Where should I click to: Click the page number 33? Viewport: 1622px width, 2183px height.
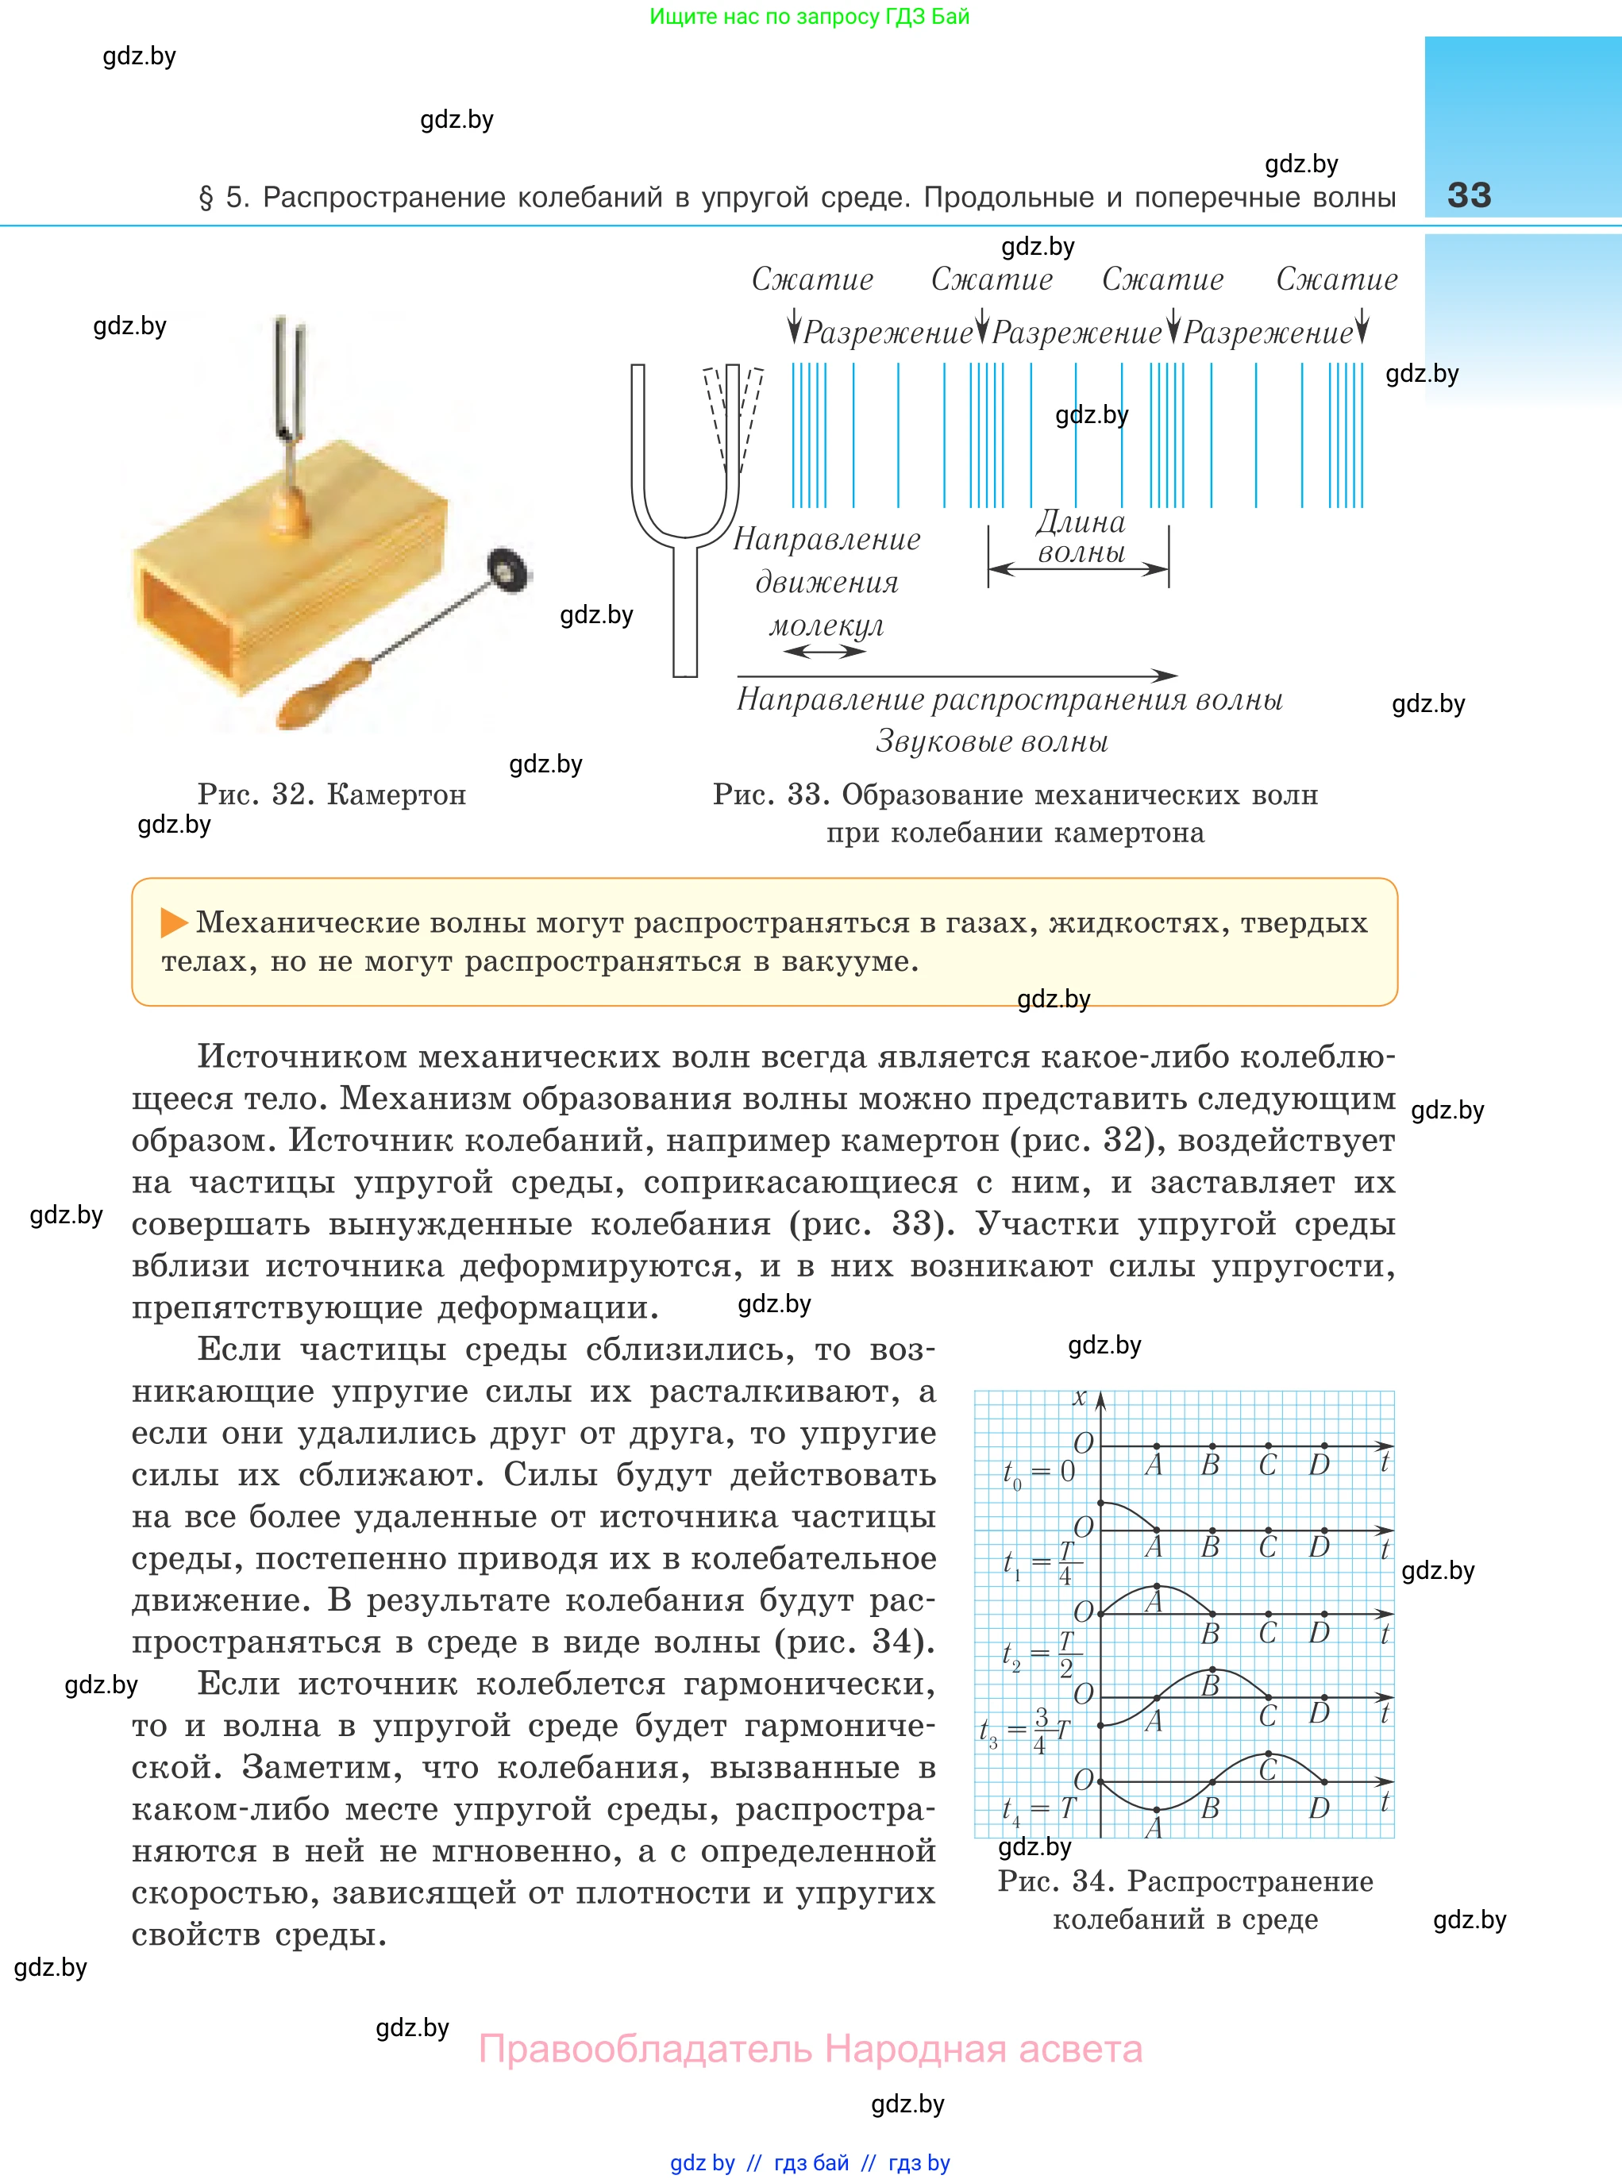click(1469, 194)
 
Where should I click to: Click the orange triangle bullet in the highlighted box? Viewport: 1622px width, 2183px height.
click(174, 922)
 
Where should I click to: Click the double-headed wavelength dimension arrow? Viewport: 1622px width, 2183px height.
click(1078, 568)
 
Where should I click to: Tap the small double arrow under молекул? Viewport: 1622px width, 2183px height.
click(825, 651)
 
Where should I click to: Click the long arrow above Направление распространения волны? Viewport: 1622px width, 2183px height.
click(957, 676)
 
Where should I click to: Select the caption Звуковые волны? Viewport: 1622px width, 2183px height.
click(992, 741)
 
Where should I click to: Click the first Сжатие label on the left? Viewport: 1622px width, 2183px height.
click(812, 279)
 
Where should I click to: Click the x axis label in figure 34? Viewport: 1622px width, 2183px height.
click(1080, 1398)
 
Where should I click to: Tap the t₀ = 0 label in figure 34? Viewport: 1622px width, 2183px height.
click(1038, 1473)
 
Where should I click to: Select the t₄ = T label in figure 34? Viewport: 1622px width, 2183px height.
click(1038, 1809)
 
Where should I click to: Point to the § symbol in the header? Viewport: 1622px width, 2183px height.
click(206, 198)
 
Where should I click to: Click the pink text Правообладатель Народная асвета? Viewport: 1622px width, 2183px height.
click(810, 2050)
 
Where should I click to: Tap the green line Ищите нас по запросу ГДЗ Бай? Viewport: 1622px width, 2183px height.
click(810, 17)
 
